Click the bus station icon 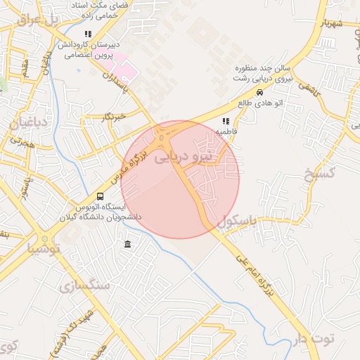(x=100, y=197)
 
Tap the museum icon (x=127, y=244)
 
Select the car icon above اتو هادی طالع (x=259, y=93)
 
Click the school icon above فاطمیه (x=226, y=121)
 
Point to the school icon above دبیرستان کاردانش (x=88, y=34)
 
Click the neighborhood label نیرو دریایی (x=181, y=159)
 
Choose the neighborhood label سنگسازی (x=85, y=285)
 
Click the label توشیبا (x=44, y=249)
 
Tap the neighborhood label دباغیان (x=28, y=124)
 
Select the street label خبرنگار (x=112, y=115)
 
